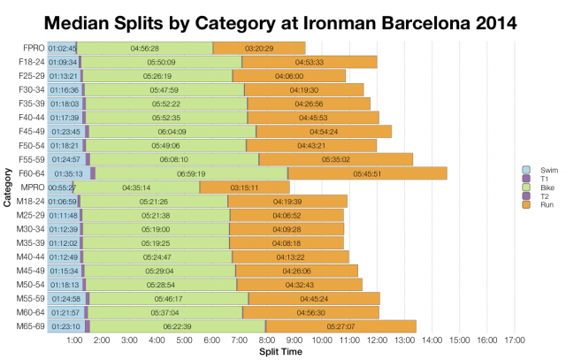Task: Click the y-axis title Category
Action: (8, 188)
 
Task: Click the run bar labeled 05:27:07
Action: (340, 326)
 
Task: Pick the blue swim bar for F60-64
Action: (68, 173)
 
